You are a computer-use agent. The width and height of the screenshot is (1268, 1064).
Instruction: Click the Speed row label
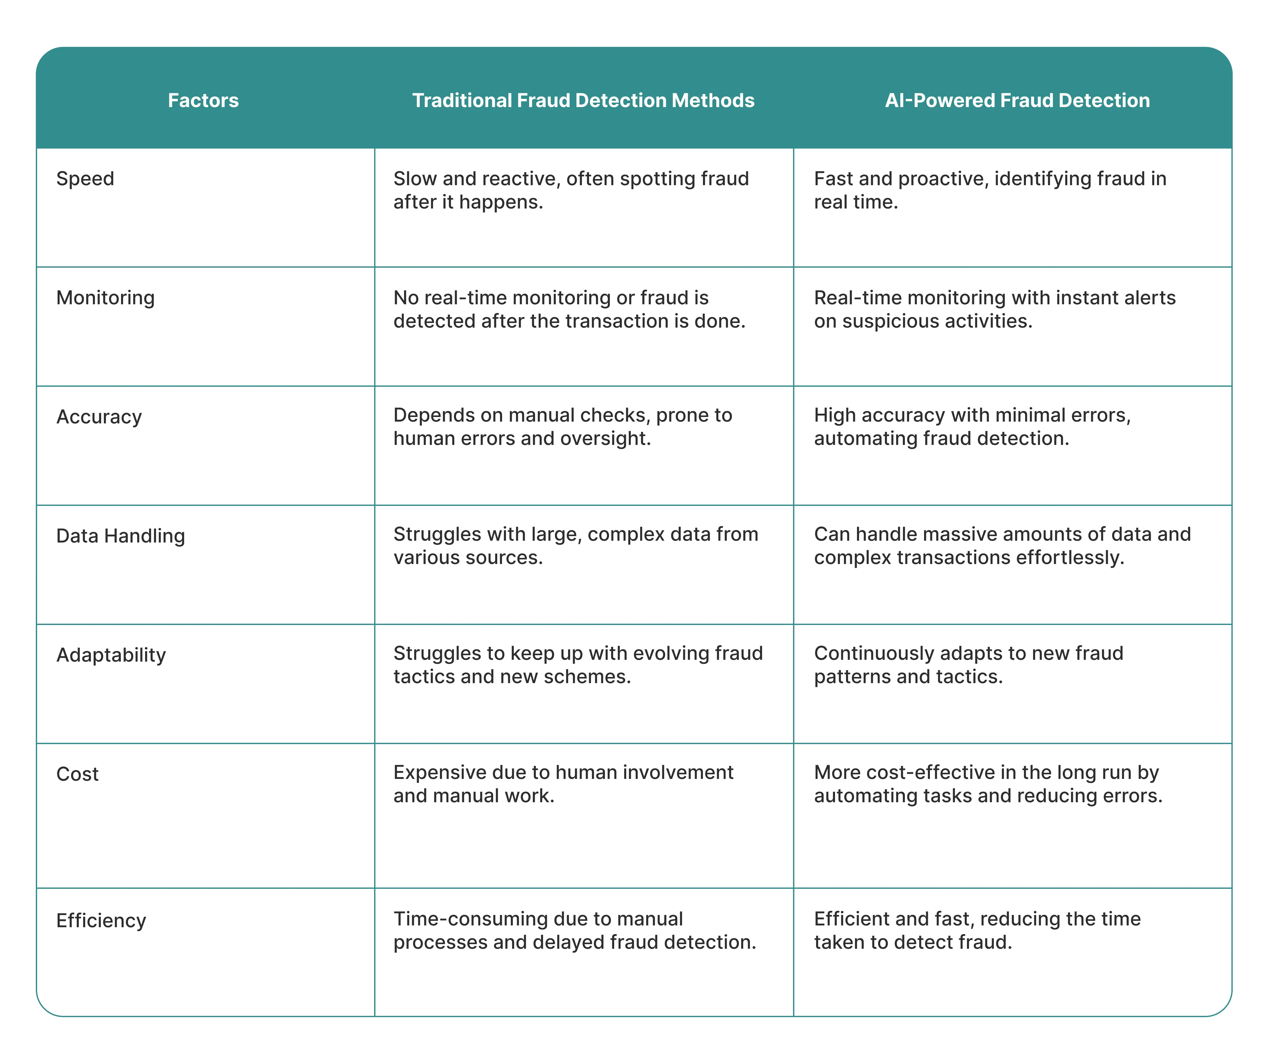(x=85, y=179)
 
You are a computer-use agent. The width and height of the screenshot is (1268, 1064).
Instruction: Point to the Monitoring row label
(x=106, y=298)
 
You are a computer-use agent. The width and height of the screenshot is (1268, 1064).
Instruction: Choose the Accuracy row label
(x=99, y=417)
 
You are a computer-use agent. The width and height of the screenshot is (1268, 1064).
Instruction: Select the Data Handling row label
(x=121, y=536)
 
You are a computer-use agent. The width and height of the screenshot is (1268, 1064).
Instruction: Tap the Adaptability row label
(x=111, y=655)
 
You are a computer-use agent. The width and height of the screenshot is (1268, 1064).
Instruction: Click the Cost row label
(x=77, y=774)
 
